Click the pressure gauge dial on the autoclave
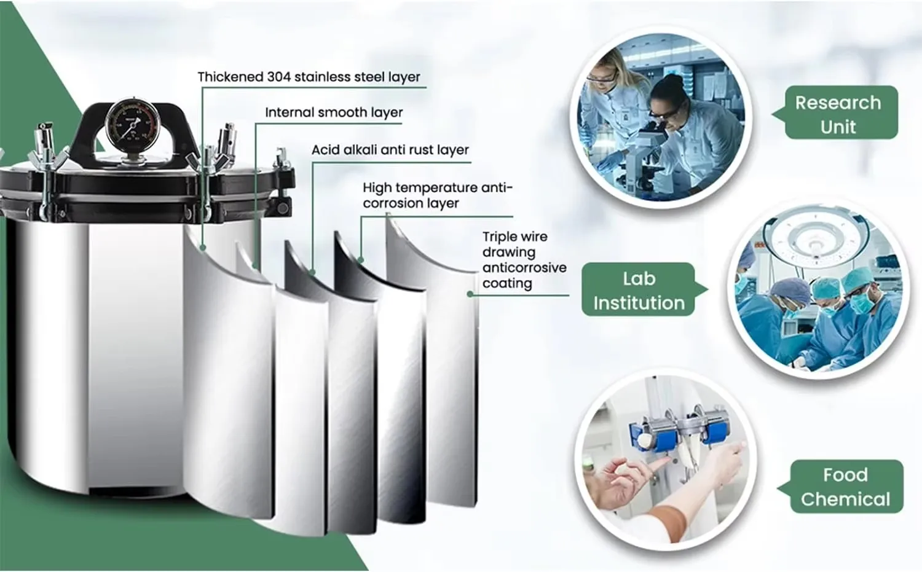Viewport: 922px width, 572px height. (131, 127)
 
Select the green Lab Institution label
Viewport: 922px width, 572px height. (639, 290)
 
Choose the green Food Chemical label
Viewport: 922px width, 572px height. (845, 487)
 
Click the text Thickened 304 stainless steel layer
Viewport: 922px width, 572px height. (309, 77)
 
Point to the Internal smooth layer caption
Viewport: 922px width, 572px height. (334, 112)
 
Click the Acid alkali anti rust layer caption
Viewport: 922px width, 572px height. (390, 150)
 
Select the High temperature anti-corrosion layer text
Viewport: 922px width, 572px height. (436, 195)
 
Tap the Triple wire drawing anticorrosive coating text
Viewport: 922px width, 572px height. (524, 260)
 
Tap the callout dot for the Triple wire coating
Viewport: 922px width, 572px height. (470, 294)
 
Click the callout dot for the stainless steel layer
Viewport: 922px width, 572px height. (202, 247)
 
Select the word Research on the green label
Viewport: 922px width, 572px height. (838, 103)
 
